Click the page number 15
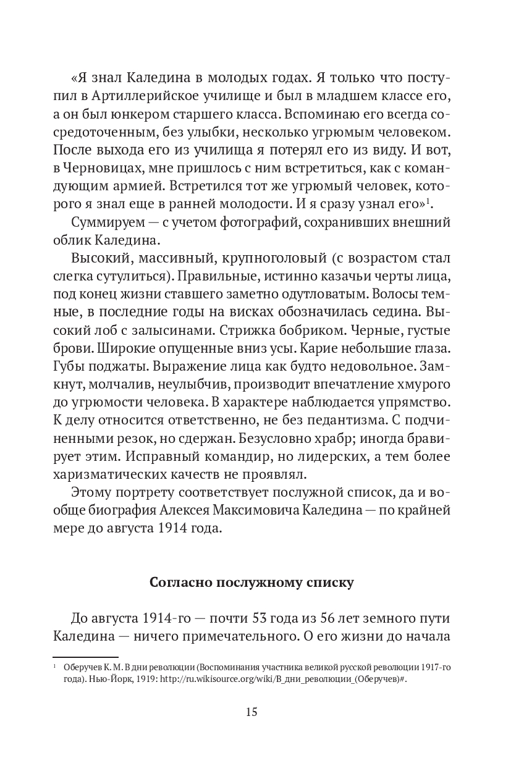click(x=251, y=712)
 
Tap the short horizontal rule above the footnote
click(x=85, y=657)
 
